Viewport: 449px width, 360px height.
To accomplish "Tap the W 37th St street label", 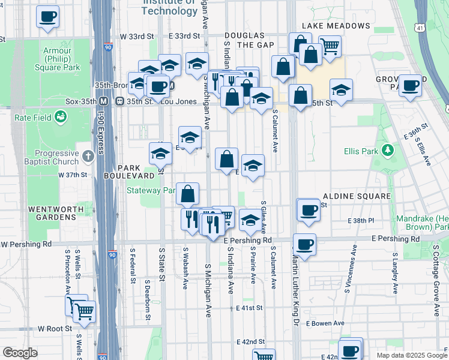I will (x=73, y=175).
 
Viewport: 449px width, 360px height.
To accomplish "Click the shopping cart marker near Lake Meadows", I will (x=330, y=45).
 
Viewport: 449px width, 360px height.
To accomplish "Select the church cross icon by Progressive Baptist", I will (x=88, y=157).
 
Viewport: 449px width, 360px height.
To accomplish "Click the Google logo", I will (x=20, y=353).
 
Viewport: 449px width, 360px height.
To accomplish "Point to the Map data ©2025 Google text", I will (x=411, y=355).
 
